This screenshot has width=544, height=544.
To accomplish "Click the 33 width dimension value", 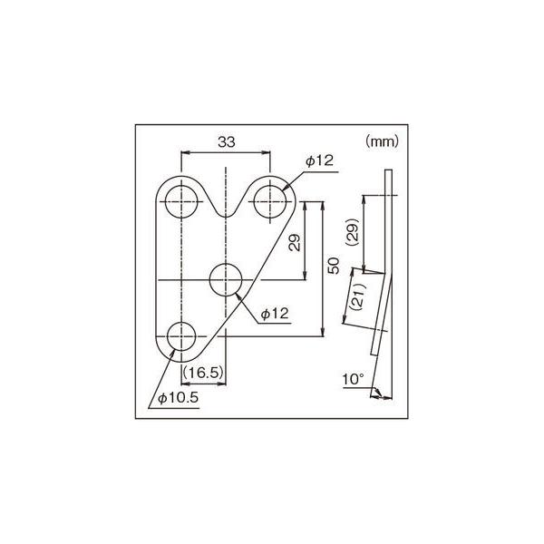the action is click(226, 141).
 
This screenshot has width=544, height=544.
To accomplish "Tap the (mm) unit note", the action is click(382, 141).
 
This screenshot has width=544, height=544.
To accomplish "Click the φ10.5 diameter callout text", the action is click(179, 398).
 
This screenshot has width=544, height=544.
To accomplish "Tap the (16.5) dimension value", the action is click(202, 373).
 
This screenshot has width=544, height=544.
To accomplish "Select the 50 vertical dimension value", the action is click(334, 266).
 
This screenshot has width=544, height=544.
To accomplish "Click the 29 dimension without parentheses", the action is click(295, 242).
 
